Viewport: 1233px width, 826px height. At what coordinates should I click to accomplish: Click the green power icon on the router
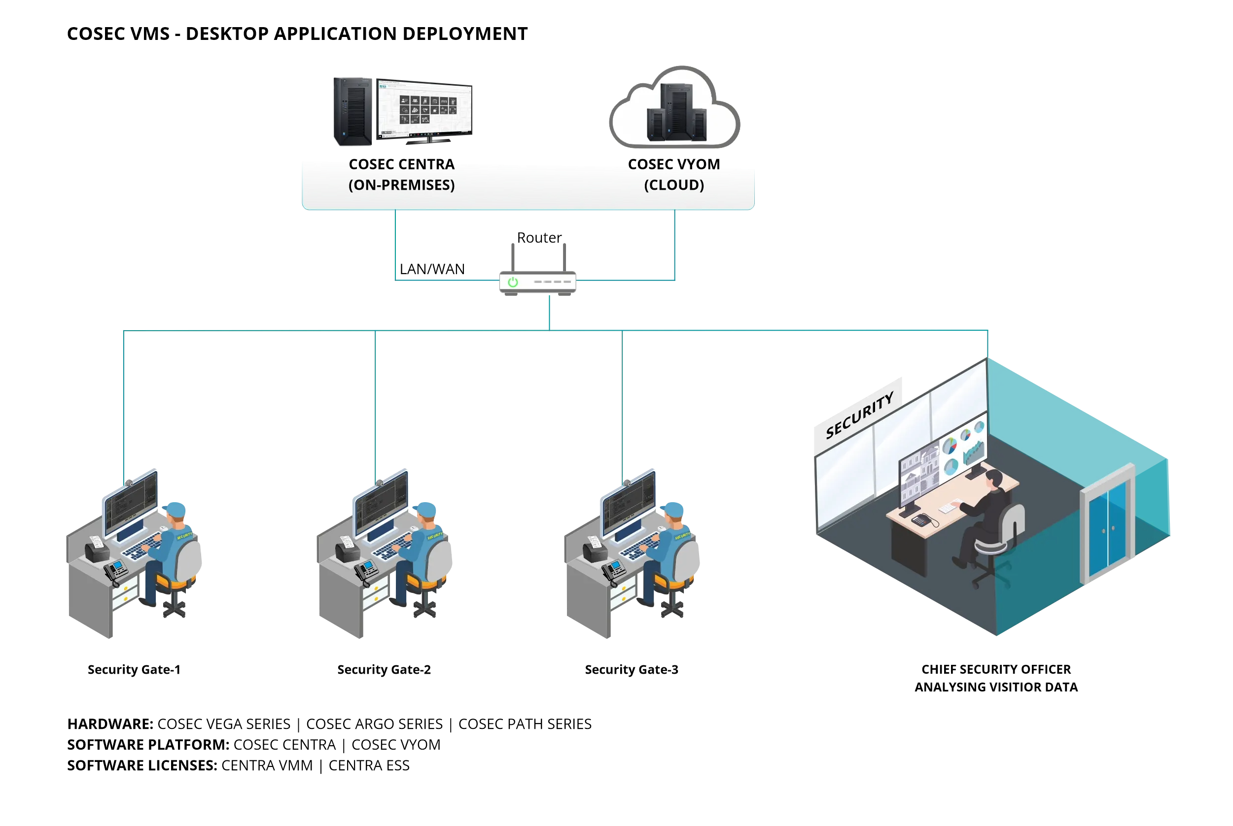[x=513, y=282]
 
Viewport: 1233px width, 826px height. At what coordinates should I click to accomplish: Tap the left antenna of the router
[x=513, y=257]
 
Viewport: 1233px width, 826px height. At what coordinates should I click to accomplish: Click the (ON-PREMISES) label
[x=401, y=185]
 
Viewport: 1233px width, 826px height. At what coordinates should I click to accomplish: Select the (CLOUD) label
[x=674, y=185]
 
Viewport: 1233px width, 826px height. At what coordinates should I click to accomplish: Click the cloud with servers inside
[x=674, y=108]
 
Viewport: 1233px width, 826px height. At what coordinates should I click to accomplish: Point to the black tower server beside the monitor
[x=352, y=111]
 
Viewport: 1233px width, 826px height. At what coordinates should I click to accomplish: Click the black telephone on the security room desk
[x=922, y=520]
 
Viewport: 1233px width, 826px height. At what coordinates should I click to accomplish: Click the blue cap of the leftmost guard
[x=175, y=510]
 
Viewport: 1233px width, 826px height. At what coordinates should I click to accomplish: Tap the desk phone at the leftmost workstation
[x=115, y=571]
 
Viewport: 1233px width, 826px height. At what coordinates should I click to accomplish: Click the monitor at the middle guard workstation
[x=381, y=504]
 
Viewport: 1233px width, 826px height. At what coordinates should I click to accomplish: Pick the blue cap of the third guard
[x=673, y=510]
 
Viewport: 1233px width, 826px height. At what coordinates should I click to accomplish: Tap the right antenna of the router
[x=564, y=257]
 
